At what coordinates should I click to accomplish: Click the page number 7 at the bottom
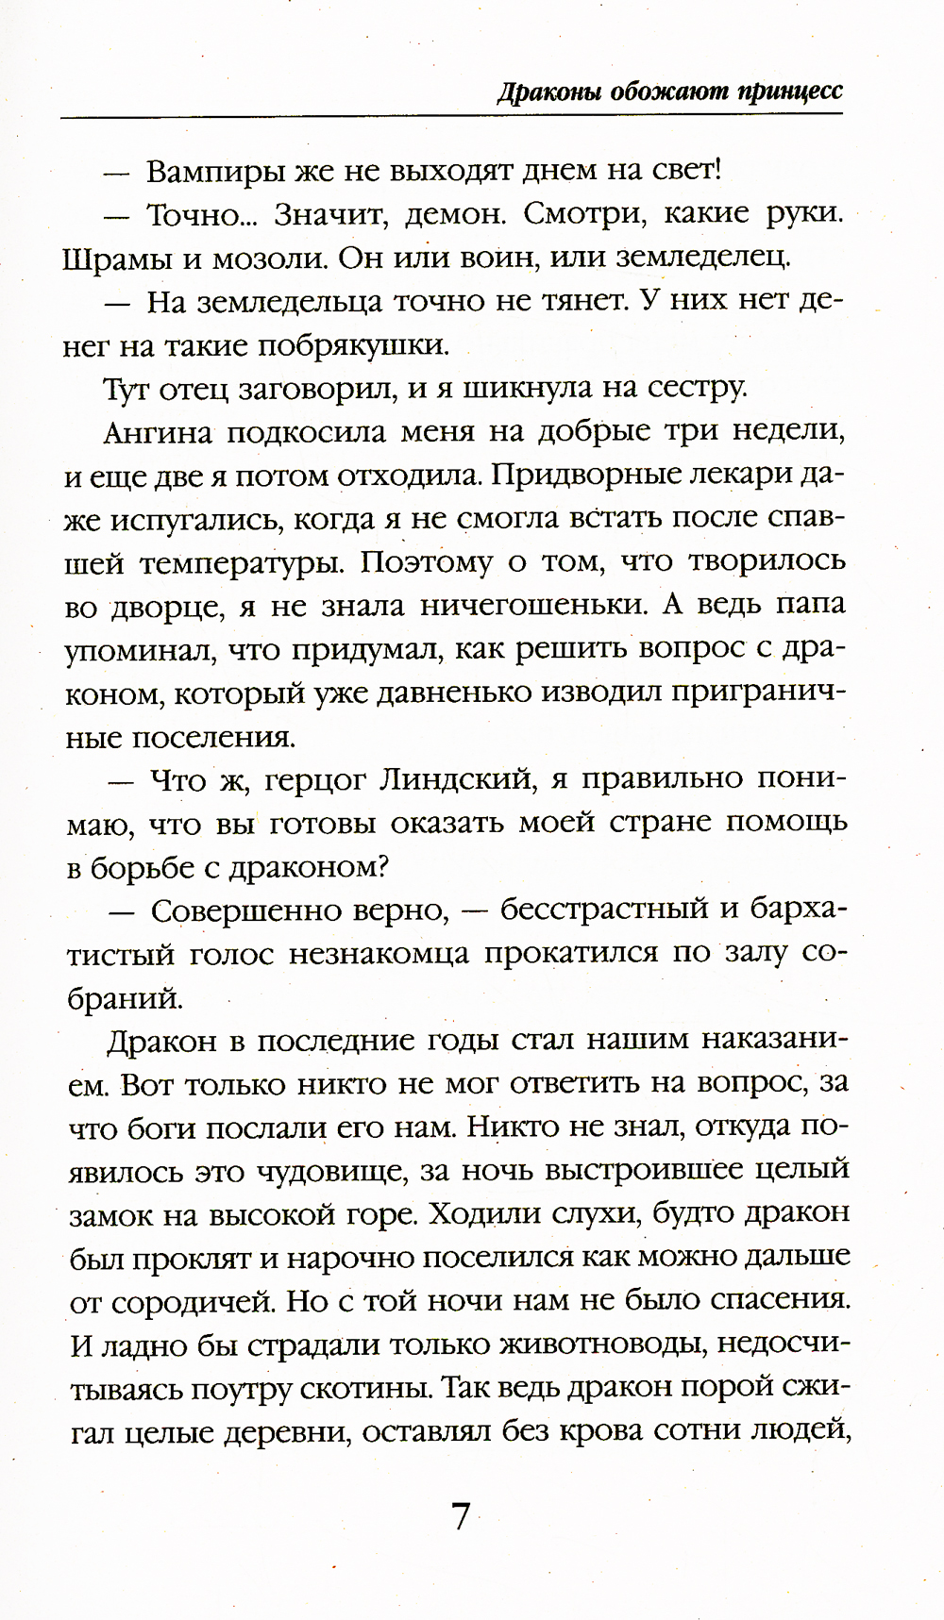point(461,1517)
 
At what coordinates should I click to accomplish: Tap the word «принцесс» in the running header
point(790,92)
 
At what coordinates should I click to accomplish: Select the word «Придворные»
point(602,476)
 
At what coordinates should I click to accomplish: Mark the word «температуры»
point(250,563)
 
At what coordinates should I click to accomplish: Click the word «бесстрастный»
point(604,911)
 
